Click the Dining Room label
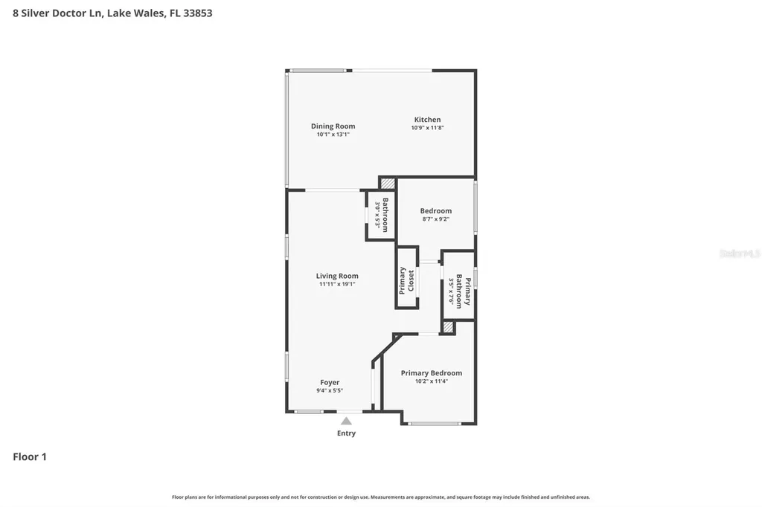click(x=333, y=126)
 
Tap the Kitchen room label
click(x=427, y=120)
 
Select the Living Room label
click(x=337, y=276)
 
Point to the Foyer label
click(x=330, y=383)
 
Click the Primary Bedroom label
click(x=431, y=373)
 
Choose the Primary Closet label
click(x=406, y=280)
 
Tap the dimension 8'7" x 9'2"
click(x=435, y=219)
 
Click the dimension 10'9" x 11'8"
click(x=427, y=128)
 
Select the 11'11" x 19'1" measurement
click(x=337, y=284)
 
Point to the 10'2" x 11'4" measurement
click(x=431, y=381)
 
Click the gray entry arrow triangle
click(x=346, y=421)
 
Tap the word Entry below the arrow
click(x=346, y=433)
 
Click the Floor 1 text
click(x=30, y=457)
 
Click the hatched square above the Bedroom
click(x=388, y=183)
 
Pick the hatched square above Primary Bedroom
click(x=448, y=326)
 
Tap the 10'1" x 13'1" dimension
click(x=333, y=135)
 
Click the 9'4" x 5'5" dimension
click(x=330, y=390)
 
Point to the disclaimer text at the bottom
click(x=381, y=497)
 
